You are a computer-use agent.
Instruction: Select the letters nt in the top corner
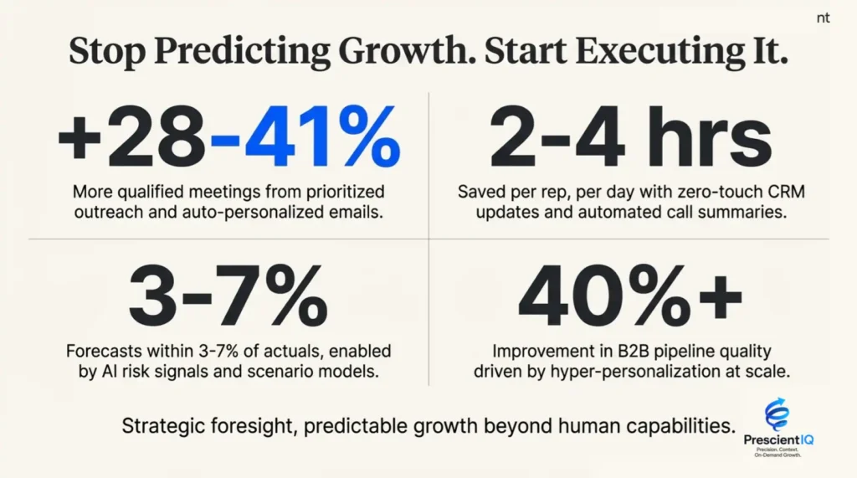(x=823, y=18)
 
